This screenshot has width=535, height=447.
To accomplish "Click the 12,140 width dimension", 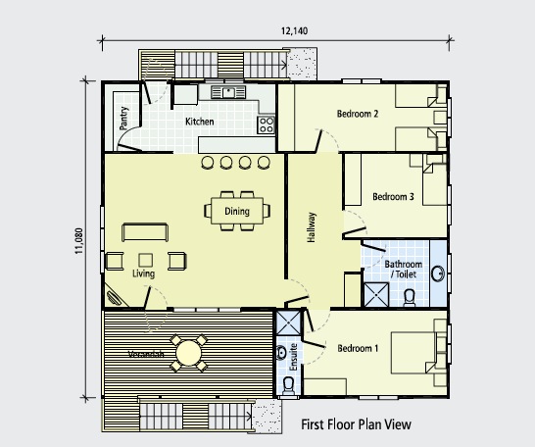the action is click(x=295, y=31).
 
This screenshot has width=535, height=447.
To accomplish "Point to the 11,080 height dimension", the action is click(x=78, y=241).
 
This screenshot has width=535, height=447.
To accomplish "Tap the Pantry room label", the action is click(x=124, y=118).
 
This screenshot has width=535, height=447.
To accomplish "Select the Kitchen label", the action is click(x=200, y=122).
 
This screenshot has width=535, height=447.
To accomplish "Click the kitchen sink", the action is click(x=228, y=92).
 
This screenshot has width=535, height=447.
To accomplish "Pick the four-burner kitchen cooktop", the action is click(x=266, y=124).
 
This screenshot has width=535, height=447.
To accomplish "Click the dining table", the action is click(x=237, y=211).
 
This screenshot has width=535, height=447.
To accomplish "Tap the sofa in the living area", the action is click(x=145, y=232).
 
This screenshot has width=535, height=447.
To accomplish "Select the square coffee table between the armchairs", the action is click(x=146, y=261).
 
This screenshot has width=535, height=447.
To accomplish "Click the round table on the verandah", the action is click(x=189, y=354).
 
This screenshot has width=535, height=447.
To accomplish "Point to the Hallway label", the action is click(x=312, y=227).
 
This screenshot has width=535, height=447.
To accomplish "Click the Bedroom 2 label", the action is click(x=358, y=114).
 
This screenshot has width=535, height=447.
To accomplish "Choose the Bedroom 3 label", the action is click(x=393, y=197).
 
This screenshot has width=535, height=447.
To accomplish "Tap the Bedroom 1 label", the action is click(x=358, y=348).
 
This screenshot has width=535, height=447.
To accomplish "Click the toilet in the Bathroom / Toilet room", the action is click(x=410, y=298).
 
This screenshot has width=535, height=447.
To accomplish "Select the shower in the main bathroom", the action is click(x=376, y=295).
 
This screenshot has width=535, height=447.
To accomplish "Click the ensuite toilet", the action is click(x=289, y=385).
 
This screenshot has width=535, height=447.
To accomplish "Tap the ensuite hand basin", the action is click(x=281, y=353).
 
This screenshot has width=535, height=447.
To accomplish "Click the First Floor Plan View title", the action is click(x=357, y=424).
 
